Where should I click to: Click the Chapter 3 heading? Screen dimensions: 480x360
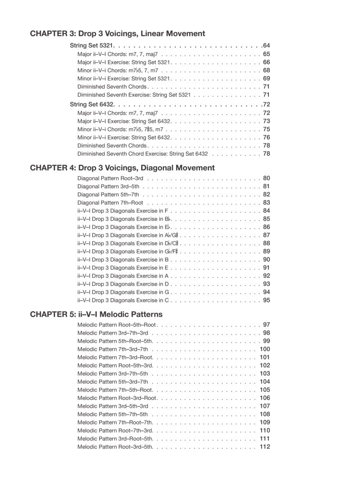(x=117, y=34)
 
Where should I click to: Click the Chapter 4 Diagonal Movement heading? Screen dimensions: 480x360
(x=122, y=168)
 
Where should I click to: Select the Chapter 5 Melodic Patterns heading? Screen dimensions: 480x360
(x=96, y=314)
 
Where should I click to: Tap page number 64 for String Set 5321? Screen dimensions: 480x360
(x=266, y=46)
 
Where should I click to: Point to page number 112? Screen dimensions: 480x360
(x=265, y=447)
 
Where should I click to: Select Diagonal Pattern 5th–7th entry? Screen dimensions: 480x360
(x=108, y=195)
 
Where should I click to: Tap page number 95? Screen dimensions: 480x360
(x=266, y=300)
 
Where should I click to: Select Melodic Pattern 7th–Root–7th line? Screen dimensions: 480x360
(x=115, y=422)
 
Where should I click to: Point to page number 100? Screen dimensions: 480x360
(x=265, y=349)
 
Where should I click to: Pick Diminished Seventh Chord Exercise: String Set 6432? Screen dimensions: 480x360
(x=142, y=154)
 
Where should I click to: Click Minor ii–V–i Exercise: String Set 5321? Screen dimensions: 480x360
(x=124, y=79)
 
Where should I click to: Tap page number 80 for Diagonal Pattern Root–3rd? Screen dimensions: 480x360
(x=266, y=178)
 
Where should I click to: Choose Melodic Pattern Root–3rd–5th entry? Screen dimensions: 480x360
(x=115, y=447)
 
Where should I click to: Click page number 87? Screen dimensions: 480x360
(x=266, y=235)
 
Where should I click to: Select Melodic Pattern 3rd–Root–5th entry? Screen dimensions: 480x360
(x=115, y=439)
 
